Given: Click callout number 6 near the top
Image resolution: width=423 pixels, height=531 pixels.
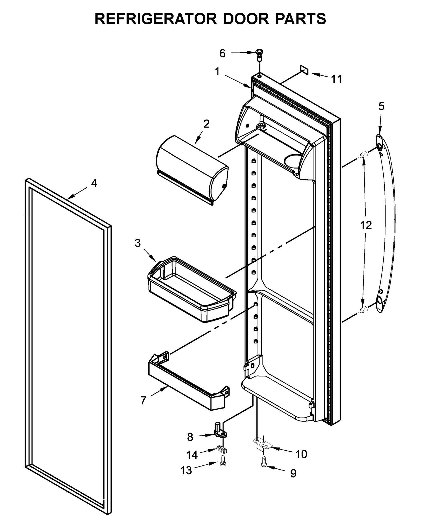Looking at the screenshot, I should pos(222,54).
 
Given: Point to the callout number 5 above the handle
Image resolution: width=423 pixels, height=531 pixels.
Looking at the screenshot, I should pos(381,106).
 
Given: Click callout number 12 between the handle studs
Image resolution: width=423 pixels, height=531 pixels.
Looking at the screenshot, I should pos(366,225).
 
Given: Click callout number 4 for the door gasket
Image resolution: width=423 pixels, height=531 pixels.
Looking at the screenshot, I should pos(94,183).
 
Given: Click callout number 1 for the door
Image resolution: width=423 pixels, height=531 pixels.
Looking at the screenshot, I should pos(217,71).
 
